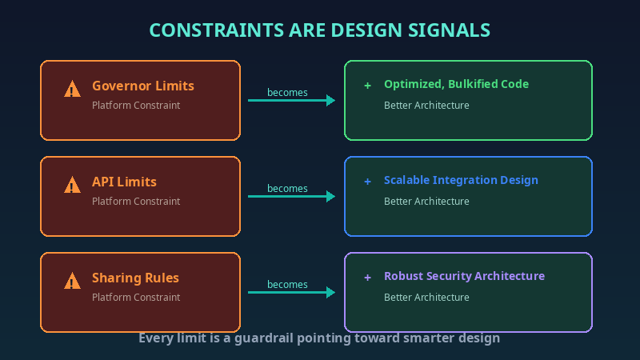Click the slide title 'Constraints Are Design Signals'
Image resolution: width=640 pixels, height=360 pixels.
pyautogui.click(x=320, y=30)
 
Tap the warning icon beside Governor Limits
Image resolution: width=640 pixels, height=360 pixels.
pyautogui.click(x=73, y=89)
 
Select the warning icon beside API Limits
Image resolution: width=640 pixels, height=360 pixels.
pyautogui.click(x=73, y=185)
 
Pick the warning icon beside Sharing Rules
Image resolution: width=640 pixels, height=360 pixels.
pyautogui.click(x=73, y=281)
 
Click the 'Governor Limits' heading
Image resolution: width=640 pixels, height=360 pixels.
pyautogui.click(x=142, y=86)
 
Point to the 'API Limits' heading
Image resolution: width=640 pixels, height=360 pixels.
pyautogui.click(x=124, y=182)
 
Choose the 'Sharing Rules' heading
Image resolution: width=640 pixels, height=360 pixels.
pyautogui.click(x=135, y=278)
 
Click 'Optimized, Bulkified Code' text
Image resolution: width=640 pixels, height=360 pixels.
pyautogui.click(x=456, y=84)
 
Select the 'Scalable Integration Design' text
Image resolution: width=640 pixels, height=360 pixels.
pyautogui.click(x=461, y=180)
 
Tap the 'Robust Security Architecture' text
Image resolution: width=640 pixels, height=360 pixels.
pyautogui.click(x=464, y=276)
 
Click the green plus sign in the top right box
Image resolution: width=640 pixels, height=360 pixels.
pyautogui.click(x=367, y=85)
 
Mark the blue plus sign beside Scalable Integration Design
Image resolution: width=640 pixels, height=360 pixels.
pyautogui.click(x=367, y=181)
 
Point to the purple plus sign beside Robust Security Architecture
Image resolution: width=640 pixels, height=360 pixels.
pyautogui.click(x=367, y=277)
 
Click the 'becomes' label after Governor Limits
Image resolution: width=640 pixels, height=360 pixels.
pyautogui.click(x=287, y=92)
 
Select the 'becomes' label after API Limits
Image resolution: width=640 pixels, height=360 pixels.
pyautogui.click(x=287, y=188)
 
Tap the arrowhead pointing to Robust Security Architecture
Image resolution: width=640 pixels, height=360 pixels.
pyautogui.click(x=330, y=292)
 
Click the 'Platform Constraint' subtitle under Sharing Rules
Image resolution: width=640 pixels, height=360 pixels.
pyautogui.click(x=136, y=297)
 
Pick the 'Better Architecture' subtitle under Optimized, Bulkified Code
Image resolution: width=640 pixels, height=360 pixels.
pyautogui.click(x=426, y=105)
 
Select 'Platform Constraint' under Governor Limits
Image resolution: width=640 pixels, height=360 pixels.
pyautogui.click(x=136, y=105)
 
